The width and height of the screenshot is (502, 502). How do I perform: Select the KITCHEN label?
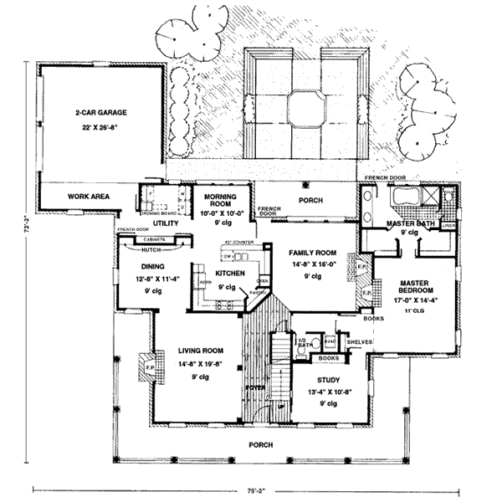pyautogui.click(x=229, y=274)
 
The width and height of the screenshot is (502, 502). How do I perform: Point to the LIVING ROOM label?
pyautogui.click(x=200, y=351)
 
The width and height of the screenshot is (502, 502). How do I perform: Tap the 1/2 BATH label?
pyautogui.click(x=305, y=342)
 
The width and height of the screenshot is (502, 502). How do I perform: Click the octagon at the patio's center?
pyautogui.click(x=305, y=106)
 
